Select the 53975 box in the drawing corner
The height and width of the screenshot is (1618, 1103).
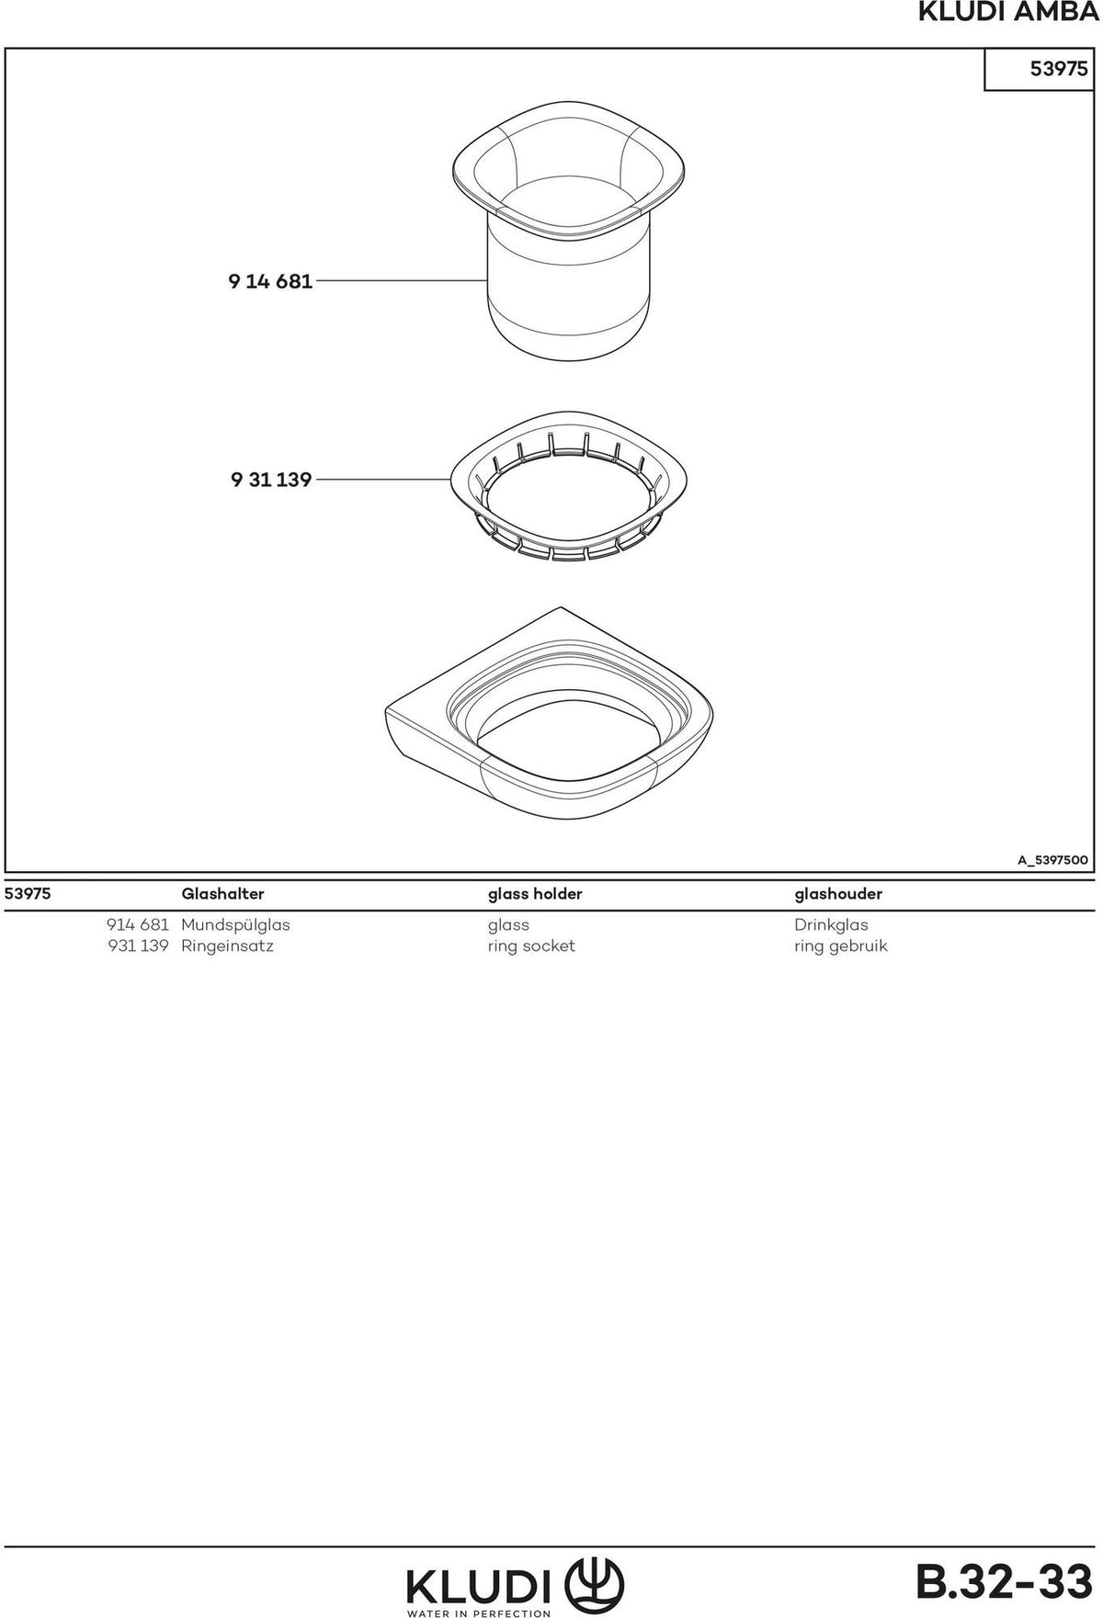[1039, 69]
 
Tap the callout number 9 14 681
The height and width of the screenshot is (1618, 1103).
[270, 281]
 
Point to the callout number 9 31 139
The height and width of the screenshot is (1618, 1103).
[270, 480]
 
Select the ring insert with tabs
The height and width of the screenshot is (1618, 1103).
[570, 488]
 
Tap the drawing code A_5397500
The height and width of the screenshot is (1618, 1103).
[1052, 861]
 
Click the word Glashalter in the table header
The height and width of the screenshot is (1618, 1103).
[222, 894]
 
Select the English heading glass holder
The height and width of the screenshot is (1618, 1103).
[534, 894]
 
